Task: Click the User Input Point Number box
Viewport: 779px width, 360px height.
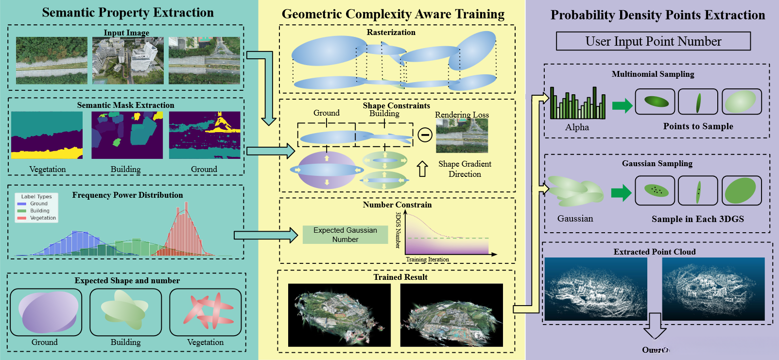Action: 653,41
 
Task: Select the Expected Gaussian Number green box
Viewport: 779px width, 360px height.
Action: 345,235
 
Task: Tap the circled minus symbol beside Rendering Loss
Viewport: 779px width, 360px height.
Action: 425,135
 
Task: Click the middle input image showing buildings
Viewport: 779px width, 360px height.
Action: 127,61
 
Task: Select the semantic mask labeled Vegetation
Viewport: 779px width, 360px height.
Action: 47,135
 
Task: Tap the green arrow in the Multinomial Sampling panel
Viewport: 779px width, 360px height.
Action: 622,104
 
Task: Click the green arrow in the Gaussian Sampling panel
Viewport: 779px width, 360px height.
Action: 621,192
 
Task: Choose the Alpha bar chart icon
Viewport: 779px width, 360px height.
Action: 578,103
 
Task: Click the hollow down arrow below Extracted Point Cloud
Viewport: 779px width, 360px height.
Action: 655,326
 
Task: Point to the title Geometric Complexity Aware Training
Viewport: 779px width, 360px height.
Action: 393,15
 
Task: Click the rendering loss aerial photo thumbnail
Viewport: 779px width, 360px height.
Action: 462,136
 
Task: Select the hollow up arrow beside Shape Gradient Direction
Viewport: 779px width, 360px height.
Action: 422,169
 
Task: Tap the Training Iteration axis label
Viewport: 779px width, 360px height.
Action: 427,259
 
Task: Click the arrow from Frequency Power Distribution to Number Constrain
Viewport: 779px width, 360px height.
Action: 265,235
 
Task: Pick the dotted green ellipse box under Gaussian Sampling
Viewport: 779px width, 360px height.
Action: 655,190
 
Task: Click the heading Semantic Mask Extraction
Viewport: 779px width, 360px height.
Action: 125,105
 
